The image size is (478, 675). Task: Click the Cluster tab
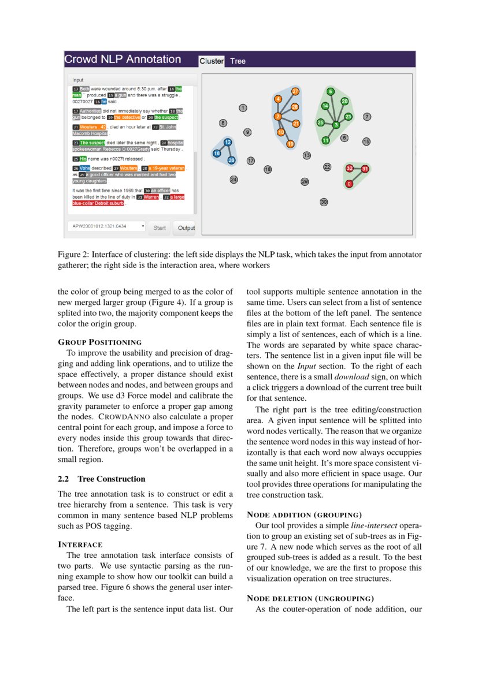(211, 61)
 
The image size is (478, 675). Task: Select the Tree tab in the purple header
(238, 61)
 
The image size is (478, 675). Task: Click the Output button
(186, 228)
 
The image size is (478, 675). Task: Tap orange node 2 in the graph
(277, 117)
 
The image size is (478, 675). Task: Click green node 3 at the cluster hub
(336, 125)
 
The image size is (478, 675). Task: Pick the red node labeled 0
(349, 184)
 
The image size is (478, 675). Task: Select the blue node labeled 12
(228, 142)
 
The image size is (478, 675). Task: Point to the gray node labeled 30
(324, 202)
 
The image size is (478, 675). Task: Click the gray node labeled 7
(366, 117)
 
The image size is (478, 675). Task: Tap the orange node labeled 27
(295, 91)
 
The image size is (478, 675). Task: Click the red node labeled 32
(349, 168)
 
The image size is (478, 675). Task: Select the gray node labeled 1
(243, 107)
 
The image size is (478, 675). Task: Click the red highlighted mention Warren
(151, 197)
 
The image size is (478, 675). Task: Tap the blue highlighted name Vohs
(84, 168)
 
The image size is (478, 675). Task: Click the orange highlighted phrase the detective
(126, 117)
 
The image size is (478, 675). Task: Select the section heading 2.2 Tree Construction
(102, 479)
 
